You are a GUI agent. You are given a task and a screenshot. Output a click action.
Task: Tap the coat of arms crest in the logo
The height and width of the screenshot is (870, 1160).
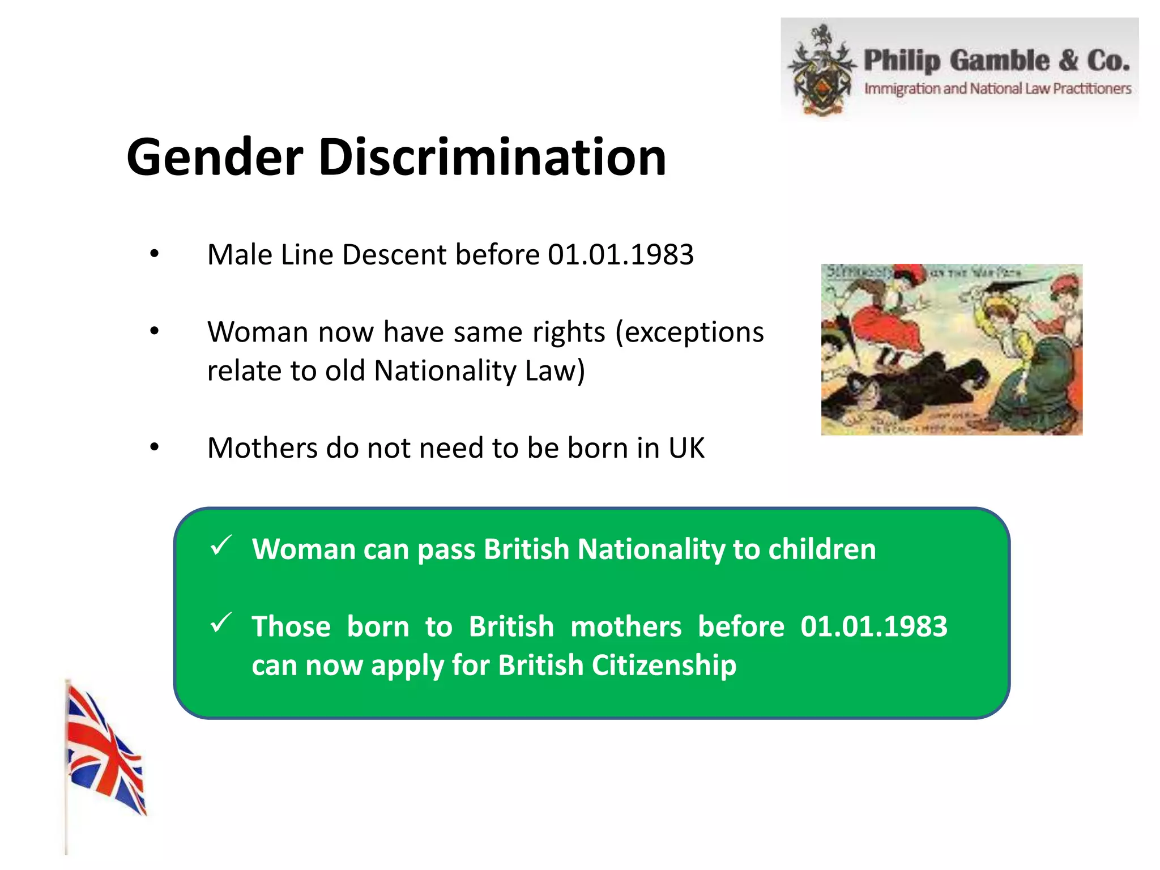coord(821,71)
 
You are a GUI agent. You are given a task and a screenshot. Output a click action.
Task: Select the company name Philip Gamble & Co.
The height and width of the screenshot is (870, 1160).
coord(996,61)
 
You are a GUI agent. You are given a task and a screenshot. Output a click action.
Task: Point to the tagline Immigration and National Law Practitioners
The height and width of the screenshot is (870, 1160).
coord(997,89)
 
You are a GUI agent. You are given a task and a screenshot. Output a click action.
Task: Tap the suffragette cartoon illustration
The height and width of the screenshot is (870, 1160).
coord(952,349)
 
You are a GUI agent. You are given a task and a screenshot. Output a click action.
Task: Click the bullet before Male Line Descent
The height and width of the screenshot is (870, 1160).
coord(154,254)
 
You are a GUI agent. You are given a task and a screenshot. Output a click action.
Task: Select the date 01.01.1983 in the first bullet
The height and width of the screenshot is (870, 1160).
coord(620,254)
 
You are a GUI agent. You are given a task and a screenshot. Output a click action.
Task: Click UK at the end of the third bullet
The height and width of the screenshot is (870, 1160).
coord(686,448)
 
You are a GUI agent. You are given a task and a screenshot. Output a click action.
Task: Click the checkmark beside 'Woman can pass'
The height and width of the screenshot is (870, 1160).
coord(220,545)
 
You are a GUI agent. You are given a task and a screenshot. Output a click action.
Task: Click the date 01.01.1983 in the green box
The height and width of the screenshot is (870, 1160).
coord(873,626)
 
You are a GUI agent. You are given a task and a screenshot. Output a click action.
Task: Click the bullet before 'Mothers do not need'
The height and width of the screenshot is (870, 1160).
coord(154,448)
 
